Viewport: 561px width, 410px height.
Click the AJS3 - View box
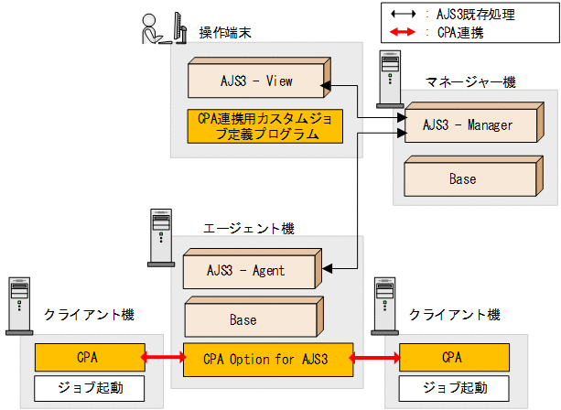(x=256, y=81)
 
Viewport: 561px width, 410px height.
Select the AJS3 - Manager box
(x=469, y=124)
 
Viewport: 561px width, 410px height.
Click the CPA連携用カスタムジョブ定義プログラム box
(x=264, y=126)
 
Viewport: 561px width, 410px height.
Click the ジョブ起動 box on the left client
(x=89, y=387)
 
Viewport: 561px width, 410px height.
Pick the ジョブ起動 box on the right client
(x=452, y=387)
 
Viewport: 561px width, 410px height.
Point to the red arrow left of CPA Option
(x=165, y=357)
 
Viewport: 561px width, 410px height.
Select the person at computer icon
(x=156, y=27)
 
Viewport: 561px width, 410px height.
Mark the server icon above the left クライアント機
(x=18, y=302)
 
